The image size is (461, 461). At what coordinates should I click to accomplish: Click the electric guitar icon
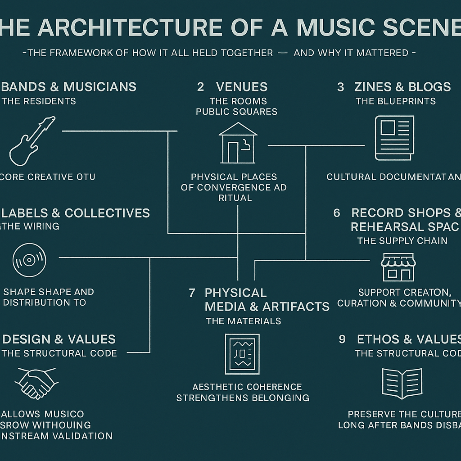[32, 141]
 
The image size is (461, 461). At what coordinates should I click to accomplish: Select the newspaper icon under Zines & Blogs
[394, 138]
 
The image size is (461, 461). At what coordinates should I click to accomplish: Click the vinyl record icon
[29, 260]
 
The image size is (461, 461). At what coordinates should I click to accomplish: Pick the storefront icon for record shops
[398, 267]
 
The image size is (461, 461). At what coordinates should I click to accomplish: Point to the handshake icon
[36, 382]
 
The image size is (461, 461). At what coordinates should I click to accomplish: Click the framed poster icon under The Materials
[242, 354]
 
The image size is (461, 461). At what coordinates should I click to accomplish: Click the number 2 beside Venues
[200, 87]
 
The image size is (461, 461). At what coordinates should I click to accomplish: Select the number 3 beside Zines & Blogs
[340, 87]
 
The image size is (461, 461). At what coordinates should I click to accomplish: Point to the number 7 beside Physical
[192, 293]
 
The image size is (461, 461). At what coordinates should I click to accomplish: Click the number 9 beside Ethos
[342, 339]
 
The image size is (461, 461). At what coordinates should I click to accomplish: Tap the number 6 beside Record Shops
[337, 213]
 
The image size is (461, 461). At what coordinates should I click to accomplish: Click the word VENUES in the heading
[242, 87]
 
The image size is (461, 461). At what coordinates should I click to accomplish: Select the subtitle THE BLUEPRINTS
[396, 101]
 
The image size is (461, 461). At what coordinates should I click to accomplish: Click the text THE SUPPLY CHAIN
[402, 241]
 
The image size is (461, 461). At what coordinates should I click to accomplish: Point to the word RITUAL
[235, 198]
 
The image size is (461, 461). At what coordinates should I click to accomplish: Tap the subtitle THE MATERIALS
[244, 321]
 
